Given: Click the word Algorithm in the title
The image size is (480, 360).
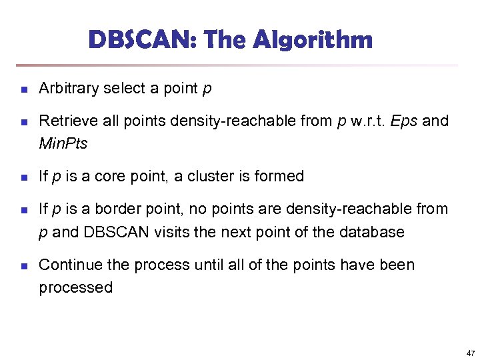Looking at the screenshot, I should [313, 41].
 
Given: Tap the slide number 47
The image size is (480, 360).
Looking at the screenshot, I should [471, 353].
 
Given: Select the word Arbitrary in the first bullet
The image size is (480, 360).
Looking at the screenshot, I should [69, 88].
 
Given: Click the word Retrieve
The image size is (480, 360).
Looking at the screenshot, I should [65, 121].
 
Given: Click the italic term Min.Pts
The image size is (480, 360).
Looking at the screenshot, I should [63, 143].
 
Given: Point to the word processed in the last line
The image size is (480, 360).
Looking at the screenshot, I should [76, 287].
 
